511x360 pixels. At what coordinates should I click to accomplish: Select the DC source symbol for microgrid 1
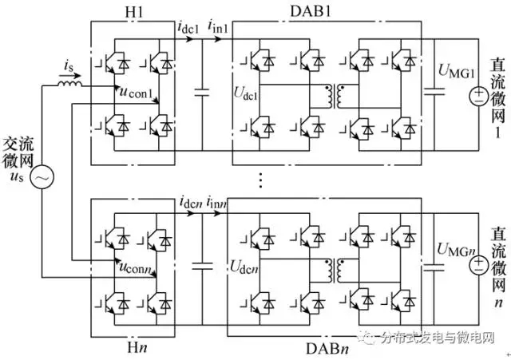pyautogui.click(x=479, y=97)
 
